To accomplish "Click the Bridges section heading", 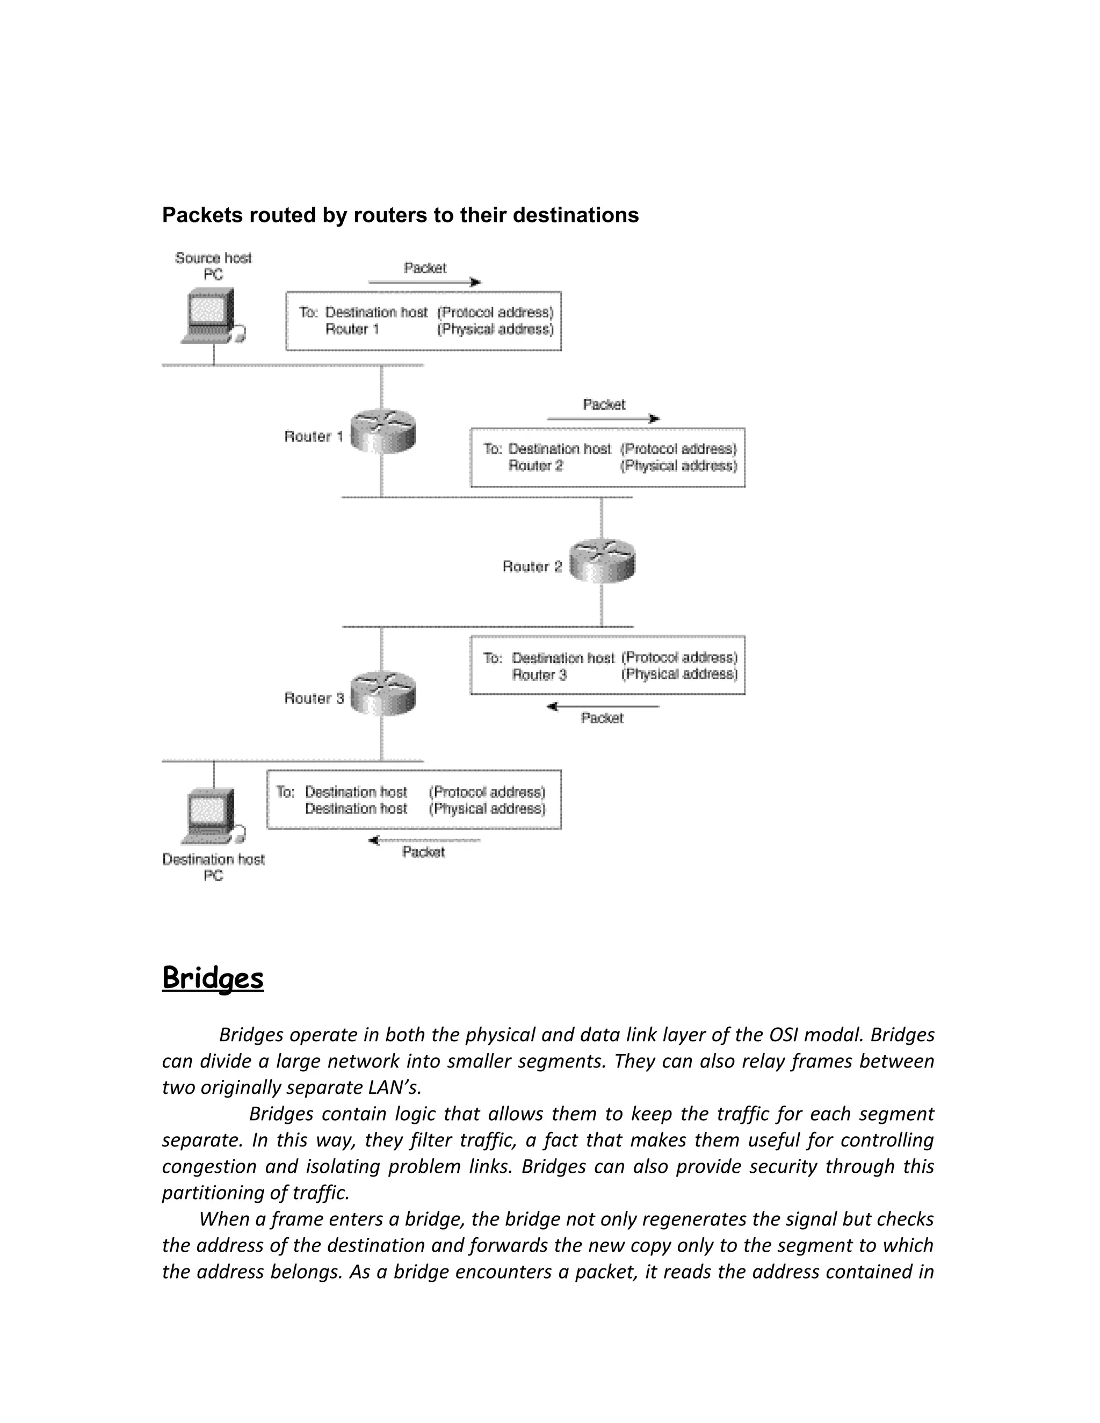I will tap(213, 978).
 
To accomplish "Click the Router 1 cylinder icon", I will tap(382, 431).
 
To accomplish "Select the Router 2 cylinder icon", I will tap(602, 561).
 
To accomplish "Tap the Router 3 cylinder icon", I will tap(382, 693).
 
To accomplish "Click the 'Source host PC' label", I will tap(213, 266).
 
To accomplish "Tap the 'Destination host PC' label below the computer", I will tap(213, 867).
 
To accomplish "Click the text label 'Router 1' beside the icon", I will tap(314, 437).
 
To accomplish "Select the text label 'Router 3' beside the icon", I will tap(314, 699).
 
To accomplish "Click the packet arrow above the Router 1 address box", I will tap(425, 282).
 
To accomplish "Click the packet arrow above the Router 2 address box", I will tap(603, 419).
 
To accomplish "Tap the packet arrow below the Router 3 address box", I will tap(603, 706).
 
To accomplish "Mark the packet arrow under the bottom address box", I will tap(424, 840).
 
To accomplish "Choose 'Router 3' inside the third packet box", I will tap(539, 675).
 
